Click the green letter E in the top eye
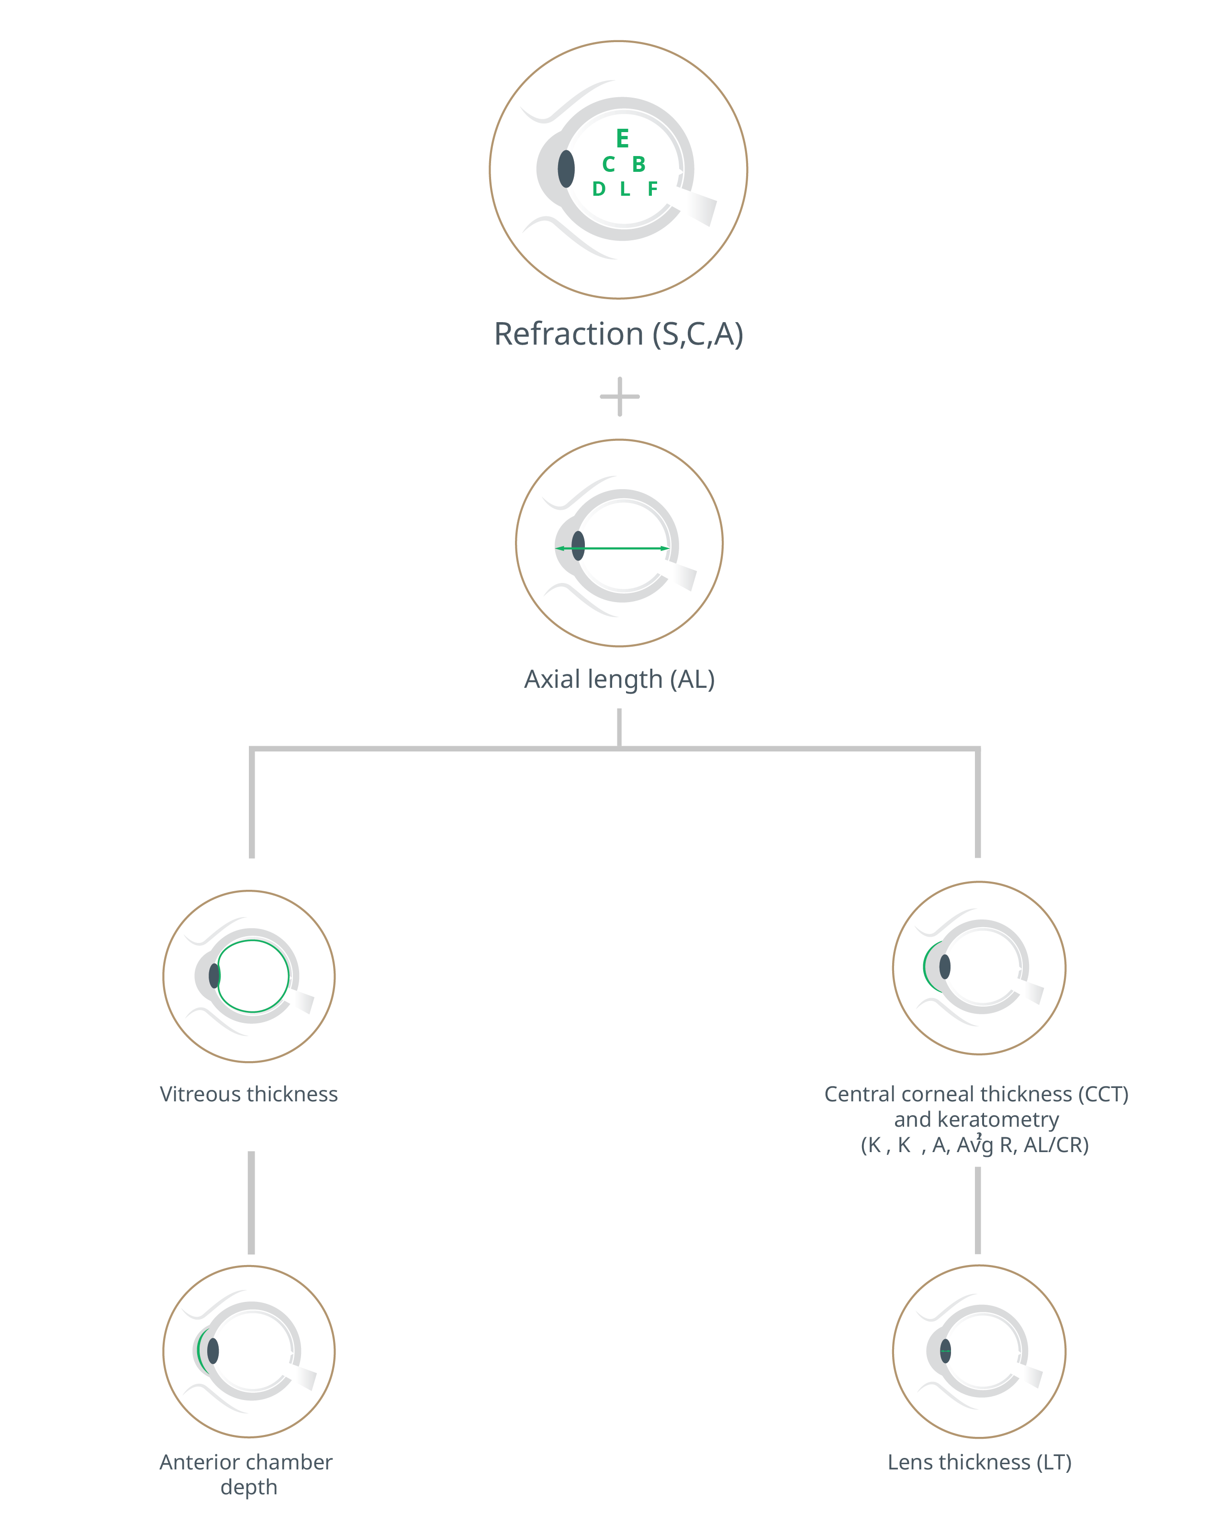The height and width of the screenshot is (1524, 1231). [622, 138]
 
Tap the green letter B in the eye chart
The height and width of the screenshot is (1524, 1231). [638, 165]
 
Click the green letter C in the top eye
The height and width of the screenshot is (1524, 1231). [608, 165]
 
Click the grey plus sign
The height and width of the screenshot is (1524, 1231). [619, 396]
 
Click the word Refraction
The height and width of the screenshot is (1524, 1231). [568, 334]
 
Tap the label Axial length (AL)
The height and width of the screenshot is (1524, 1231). [619, 679]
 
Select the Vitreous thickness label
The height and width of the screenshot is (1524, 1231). [248, 1094]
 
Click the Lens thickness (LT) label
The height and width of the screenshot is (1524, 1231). [979, 1462]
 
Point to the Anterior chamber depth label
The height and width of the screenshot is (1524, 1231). [246, 1474]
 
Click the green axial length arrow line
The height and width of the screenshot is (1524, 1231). [624, 548]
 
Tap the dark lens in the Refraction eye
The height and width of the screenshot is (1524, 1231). [566, 169]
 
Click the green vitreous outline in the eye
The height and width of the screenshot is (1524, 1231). [287, 976]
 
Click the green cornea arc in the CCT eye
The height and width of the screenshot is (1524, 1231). [925, 966]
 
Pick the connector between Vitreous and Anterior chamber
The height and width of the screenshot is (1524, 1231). [251, 1202]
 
